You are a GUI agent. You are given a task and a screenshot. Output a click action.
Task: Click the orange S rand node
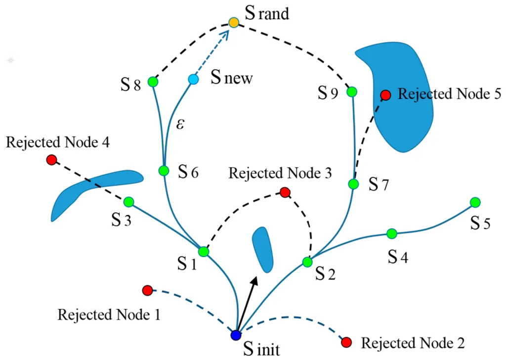tap(234, 23)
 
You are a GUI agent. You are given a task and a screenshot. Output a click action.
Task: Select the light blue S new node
tap(193, 79)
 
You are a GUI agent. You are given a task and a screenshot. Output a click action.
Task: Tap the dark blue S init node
tap(236, 335)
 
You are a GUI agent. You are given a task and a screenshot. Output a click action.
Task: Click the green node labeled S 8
tap(153, 82)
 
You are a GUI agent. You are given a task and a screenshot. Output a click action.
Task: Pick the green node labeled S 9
tap(352, 91)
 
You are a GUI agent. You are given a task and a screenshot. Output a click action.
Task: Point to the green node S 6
tap(164, 170)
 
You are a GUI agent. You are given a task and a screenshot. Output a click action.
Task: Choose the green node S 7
tap(354, 184)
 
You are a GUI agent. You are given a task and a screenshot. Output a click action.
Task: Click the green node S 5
tap(475, 202)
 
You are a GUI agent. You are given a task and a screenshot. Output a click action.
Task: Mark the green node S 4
tap(392, 233)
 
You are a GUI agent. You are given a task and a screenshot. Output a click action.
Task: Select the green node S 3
tap(129, 202)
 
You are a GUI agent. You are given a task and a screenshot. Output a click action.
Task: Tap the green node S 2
tap(307, 262)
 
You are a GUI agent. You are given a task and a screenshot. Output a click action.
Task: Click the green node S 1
tap(204, 251)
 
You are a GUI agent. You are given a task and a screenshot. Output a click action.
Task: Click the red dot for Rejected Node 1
tap(147, 291)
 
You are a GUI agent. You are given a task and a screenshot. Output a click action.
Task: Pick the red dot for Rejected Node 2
tap(346, 342)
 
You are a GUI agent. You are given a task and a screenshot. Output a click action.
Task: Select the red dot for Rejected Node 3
tap(285, 192)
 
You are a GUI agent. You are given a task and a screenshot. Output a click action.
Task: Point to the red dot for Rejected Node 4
tap(51, 160)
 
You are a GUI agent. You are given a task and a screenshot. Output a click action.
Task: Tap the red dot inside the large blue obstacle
tap(385, 95)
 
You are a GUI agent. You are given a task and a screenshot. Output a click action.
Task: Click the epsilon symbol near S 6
tap(180, 124)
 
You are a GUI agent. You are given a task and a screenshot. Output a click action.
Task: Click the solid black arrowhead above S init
tap(255, 281)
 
